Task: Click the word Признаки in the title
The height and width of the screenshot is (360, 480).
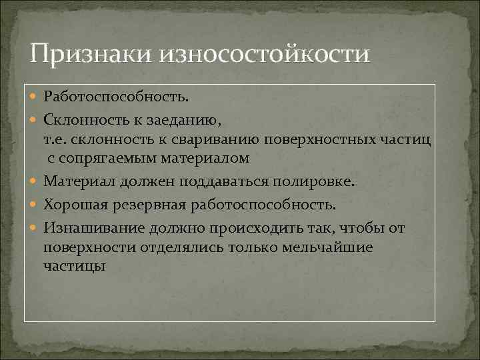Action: pos(90,52)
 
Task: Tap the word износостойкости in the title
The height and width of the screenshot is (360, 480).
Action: pos(263,52)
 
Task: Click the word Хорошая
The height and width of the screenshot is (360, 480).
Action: pos(77,205)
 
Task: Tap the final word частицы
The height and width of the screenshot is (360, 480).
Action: pos(74,266)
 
